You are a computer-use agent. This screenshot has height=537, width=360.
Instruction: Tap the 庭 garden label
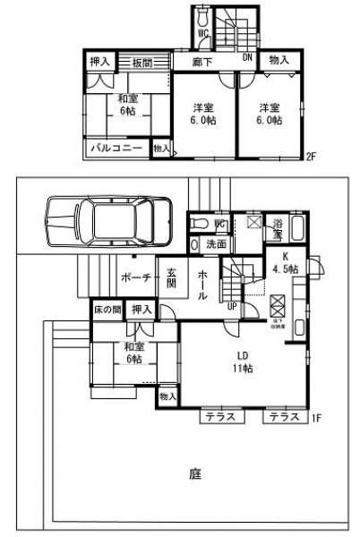pos(194,473)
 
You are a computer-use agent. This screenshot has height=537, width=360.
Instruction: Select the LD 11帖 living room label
pos(243,361)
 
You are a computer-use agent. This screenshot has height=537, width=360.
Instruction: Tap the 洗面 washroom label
pos(216,243)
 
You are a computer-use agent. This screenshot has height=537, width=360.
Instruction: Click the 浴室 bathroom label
pos(279,228)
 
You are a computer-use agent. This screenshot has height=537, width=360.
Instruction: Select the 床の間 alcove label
pos(107,310)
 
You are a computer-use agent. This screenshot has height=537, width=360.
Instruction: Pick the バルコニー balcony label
pos(116,149)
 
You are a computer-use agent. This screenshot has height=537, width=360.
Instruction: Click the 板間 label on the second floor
pos(141,62)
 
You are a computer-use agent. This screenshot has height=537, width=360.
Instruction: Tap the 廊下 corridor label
pos(202,62)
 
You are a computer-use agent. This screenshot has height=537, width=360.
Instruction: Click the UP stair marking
pos(231,306)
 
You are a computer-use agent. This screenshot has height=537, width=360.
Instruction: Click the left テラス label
pos(215,418)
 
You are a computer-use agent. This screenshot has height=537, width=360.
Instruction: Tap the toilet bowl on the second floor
pos(202,17)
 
